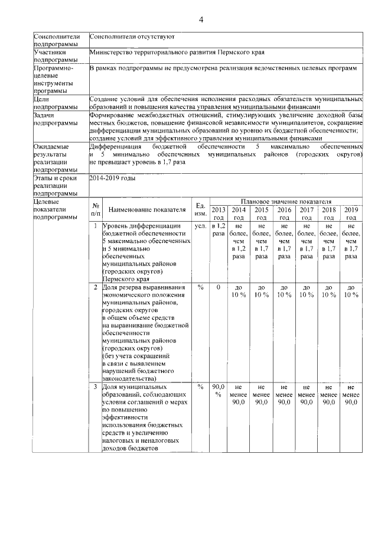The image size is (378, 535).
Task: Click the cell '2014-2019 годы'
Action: (x=112, y=177)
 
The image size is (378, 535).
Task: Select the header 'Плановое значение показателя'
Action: (x=285, y=202)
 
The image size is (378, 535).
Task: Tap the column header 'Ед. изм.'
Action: (x=200, y=209)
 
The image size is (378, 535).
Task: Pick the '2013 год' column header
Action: (x=218, y=213)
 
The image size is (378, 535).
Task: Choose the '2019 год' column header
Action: (x=351, y=213)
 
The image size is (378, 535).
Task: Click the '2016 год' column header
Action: (x=284, y=213)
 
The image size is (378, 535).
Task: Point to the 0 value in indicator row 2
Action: (x=218, y=287)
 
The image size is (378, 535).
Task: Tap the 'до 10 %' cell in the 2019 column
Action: (x=351, y=291)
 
